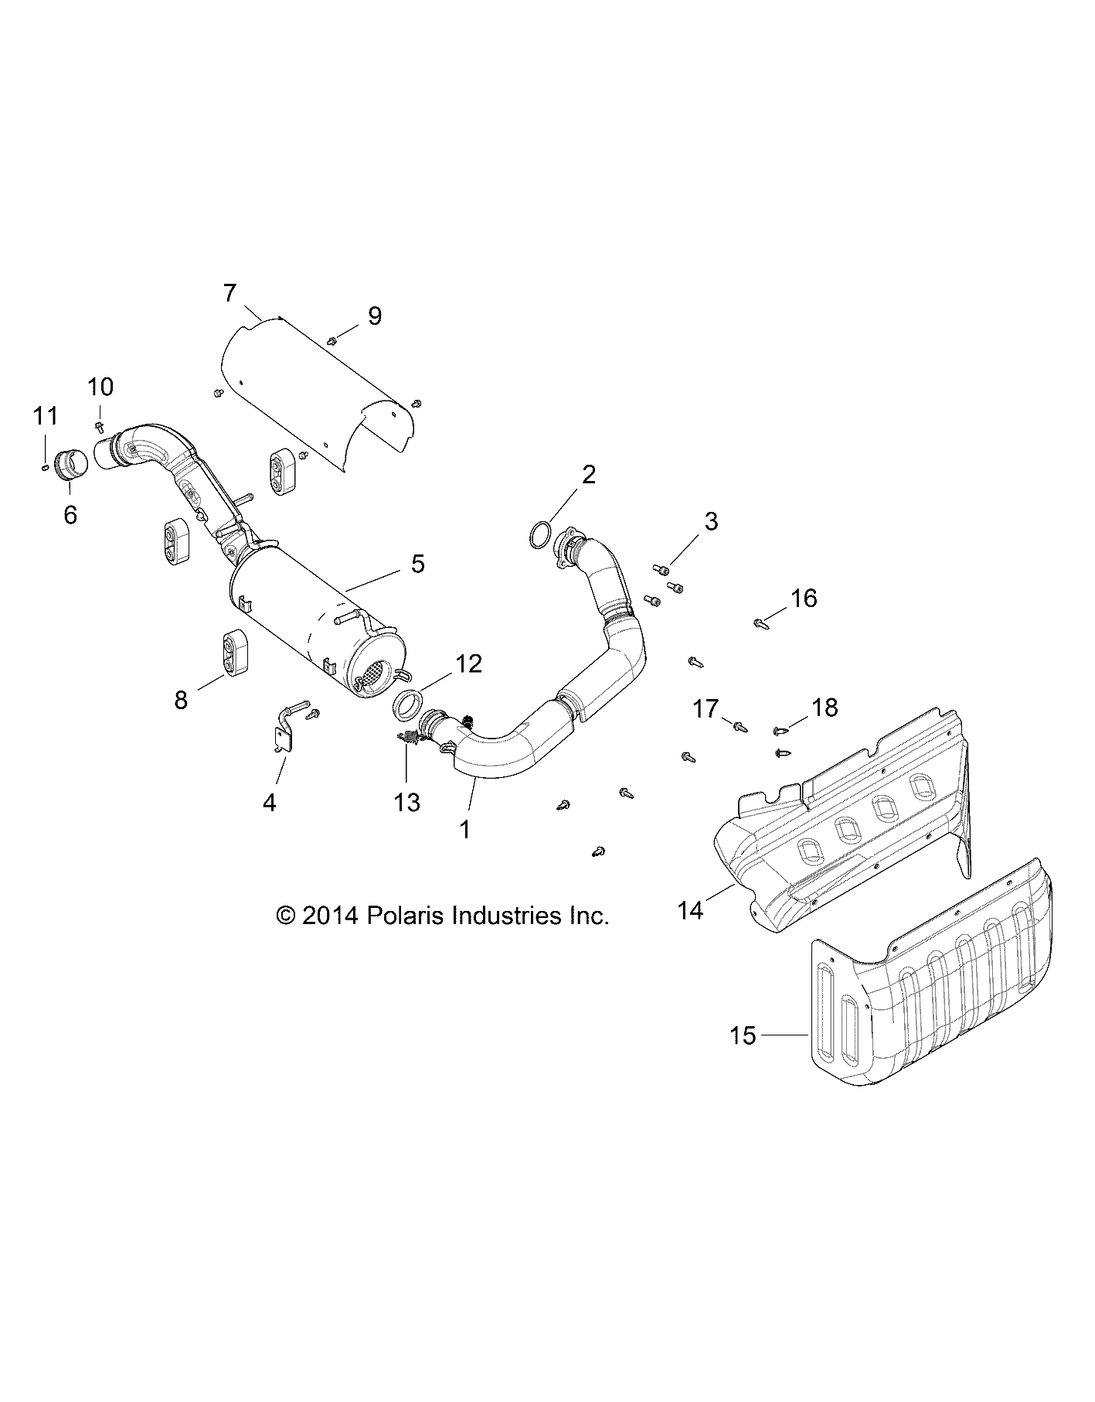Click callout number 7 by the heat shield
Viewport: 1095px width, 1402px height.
point(230,294)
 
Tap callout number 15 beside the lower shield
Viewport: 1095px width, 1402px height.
point(743,1035)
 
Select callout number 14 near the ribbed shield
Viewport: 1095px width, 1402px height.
point(691,911)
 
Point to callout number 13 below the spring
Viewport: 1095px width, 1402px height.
point(407,803)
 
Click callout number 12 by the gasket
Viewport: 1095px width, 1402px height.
point(469,663)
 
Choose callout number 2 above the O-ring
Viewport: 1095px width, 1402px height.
point(589,474)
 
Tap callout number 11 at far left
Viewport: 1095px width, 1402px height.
point(46,416)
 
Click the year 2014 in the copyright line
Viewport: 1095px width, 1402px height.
point(331,916)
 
